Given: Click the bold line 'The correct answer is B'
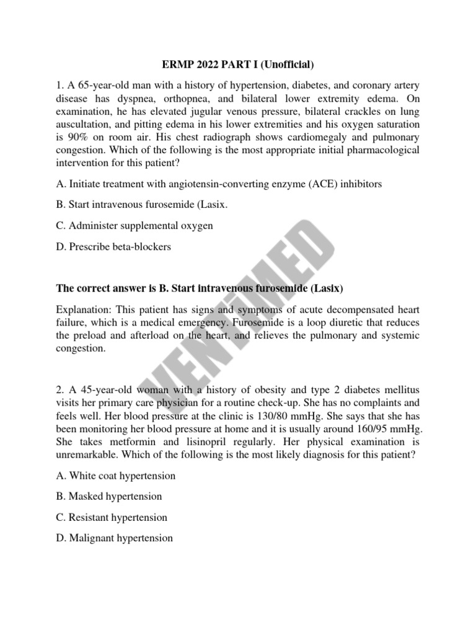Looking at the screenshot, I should coord(200,288).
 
